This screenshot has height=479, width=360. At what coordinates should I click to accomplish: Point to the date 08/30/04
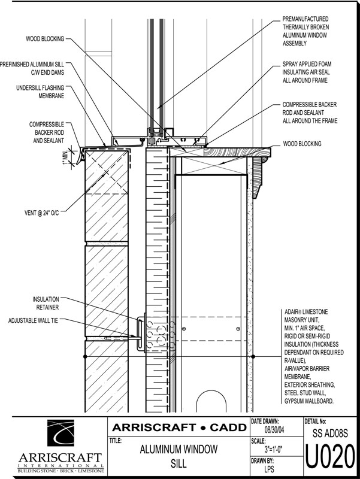pyautogui.click(x=274, y=429)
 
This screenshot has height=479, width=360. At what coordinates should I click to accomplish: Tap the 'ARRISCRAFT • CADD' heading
pyautogui.click(x=179, y=428)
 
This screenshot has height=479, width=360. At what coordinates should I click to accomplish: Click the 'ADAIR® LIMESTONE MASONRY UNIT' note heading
pyautogui.click(x=306, y=317)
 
